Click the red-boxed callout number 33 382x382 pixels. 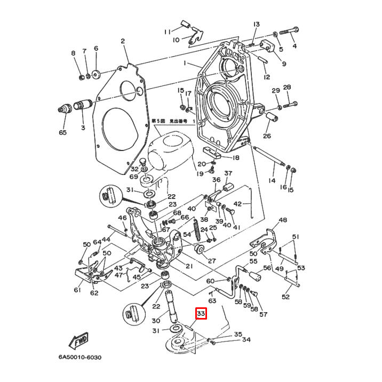click(x=201, y=315)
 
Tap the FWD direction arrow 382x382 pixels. click(x=79, y=340)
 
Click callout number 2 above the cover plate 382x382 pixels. click(x=122, y=41)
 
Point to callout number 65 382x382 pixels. click(x=63, y=132)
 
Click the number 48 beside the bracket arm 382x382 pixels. click(x=282, y=220)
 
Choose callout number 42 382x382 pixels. click(x=238, y=203)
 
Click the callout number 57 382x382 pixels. click(x=263, y=314)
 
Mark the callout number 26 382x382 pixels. click(x=267, y=136)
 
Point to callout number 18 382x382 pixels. click(x=235, y=158)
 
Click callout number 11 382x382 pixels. click(x=167, y=31)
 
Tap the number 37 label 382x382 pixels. click(x=228, y=173)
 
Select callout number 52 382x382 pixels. click(x=285, y=297)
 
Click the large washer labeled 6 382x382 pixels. click(x=96, y=74)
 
